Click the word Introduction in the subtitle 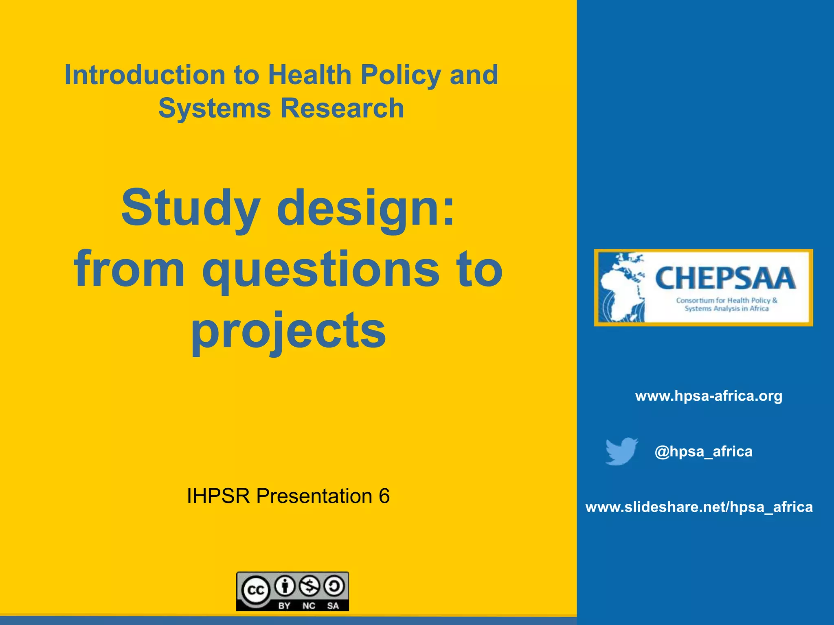145,75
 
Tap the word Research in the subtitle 342,108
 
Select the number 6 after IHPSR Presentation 384,496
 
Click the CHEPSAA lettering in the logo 725,278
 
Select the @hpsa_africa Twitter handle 703,451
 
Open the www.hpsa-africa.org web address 709,396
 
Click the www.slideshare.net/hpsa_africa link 699,507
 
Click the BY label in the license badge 284,605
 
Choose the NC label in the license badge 309,605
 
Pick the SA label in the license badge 333,605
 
